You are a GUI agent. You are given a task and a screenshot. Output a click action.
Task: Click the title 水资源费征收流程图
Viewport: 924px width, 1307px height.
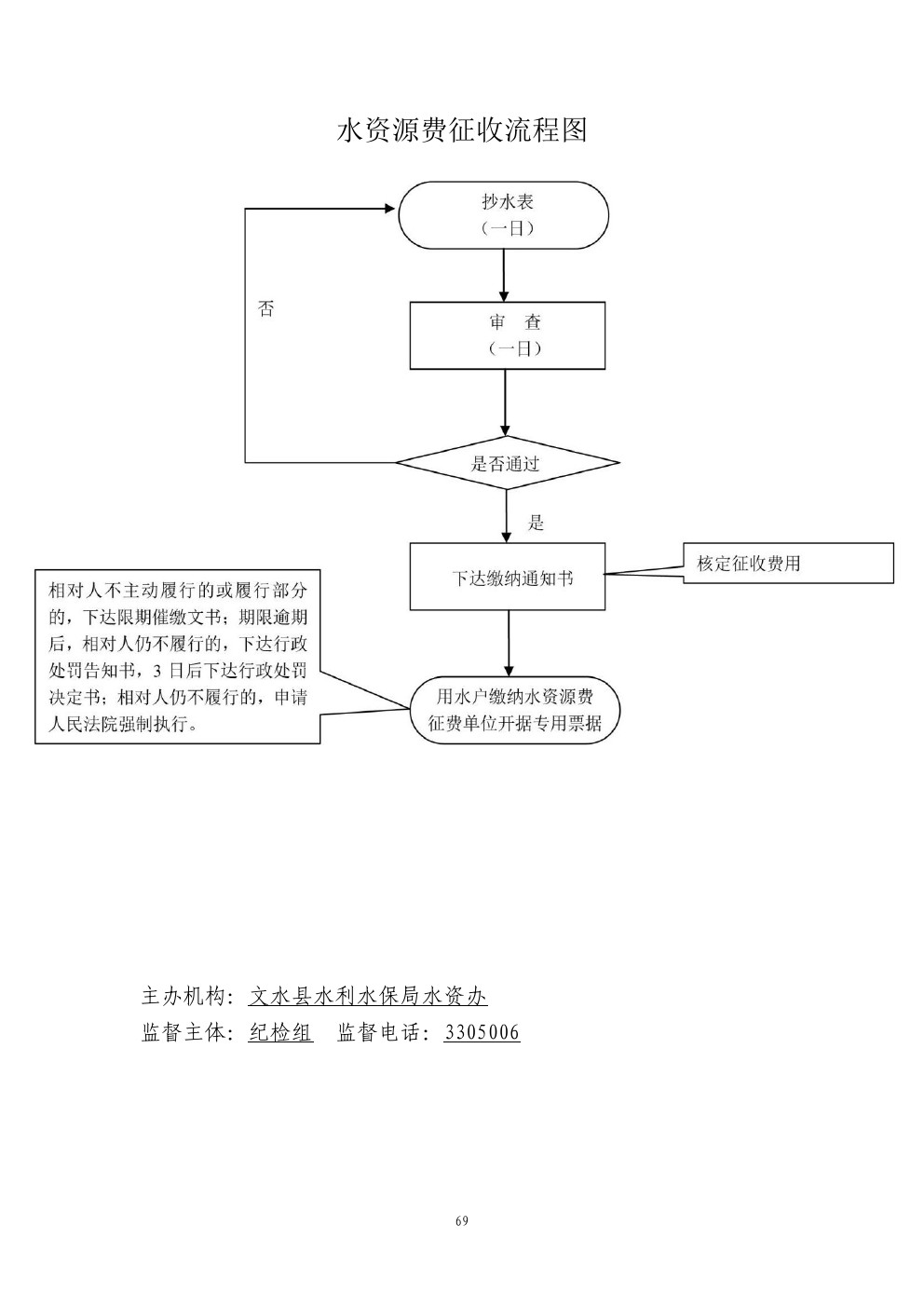[x=462, y=130]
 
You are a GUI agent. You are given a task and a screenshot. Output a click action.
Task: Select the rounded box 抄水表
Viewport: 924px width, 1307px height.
[x=504, y=215]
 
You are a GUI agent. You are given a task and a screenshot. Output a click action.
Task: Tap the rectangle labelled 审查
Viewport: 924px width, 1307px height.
[x=508, y=335]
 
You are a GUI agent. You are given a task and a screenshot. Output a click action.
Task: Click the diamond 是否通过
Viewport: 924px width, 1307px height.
[x=507, y=463]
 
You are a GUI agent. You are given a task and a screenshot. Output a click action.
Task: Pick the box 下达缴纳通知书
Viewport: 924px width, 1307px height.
[x=508, y=578]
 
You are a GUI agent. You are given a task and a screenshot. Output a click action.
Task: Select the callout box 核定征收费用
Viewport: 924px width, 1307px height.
[x=788, y=564]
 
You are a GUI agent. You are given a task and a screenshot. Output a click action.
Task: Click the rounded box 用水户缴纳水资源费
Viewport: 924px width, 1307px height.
[x=514, y=710]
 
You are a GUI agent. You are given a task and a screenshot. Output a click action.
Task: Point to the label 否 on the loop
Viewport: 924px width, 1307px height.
[x=266, y=308]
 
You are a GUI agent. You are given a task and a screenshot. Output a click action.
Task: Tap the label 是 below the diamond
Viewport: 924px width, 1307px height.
[x=537, y=523]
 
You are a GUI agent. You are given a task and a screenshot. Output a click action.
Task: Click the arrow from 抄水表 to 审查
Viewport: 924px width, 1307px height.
[x=504, y=276]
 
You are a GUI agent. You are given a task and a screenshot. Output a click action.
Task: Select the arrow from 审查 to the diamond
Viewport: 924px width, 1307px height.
[x=506, y=402]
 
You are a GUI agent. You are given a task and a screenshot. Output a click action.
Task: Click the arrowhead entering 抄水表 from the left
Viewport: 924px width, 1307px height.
[x=389, y=210]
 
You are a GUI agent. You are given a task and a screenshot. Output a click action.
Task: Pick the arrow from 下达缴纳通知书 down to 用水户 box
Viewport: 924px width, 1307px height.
[x=509, y=643]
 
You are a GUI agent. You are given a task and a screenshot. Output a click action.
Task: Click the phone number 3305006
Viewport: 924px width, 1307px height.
[x=482, y=1032]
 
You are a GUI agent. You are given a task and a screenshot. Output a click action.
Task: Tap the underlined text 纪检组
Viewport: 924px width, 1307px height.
[x=280, y=1032]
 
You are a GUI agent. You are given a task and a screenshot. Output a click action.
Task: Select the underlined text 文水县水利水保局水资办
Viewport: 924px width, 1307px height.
[x=368, y=996]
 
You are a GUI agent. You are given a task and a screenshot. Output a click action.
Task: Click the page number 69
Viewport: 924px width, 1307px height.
[x=462, y=1221]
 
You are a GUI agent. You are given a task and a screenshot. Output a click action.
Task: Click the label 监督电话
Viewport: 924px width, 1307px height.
[x=382, y=1032]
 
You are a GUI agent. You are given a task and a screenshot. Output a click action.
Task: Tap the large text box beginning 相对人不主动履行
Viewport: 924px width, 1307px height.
[x=177, y=657]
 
